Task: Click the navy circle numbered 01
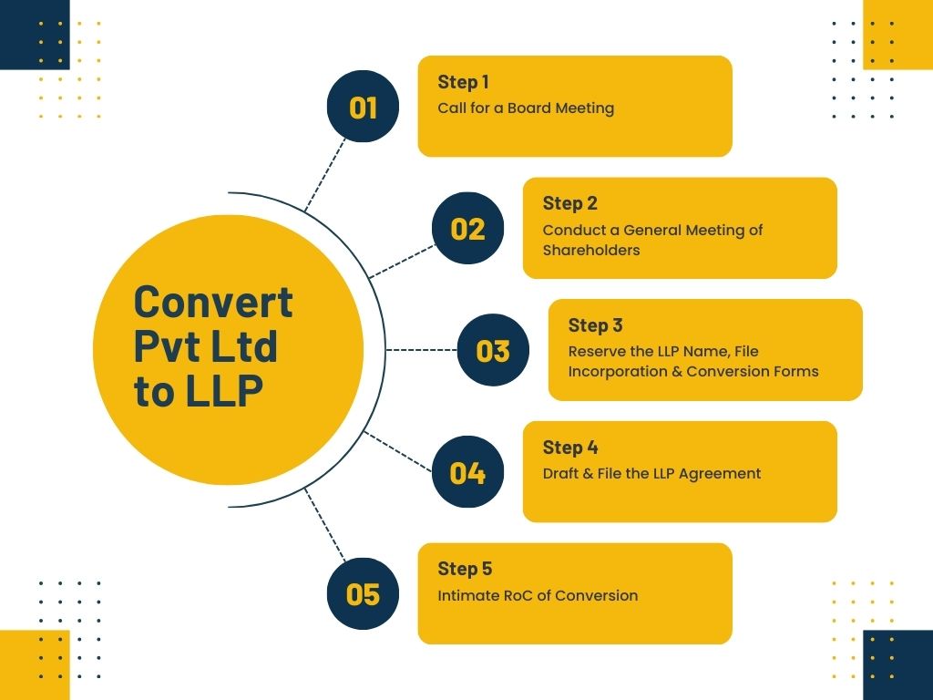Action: tap(363, 107)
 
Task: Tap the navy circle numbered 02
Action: tap(467, 228)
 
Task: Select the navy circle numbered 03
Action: tap(493, 350)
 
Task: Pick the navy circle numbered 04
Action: tap(467, 472)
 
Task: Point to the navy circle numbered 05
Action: tap(363, 594)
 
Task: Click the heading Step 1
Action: tap(463, 82)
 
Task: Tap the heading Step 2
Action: tap(569, 203)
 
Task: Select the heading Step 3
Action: tap(595, 325)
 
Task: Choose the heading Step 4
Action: tap(569, 448)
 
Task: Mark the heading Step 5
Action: tap(465, 569)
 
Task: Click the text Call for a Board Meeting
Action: tap(526, 108)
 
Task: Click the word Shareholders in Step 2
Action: tap(591, 251)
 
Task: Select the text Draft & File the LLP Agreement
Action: tap(651, 474)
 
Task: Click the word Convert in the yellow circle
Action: tap(213, 302)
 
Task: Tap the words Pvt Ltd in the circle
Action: tap(206, 346)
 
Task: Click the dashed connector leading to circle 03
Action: tap(421, 350)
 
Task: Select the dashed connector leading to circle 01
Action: tap(324, 174)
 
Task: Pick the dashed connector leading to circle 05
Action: tap(324, 526)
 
